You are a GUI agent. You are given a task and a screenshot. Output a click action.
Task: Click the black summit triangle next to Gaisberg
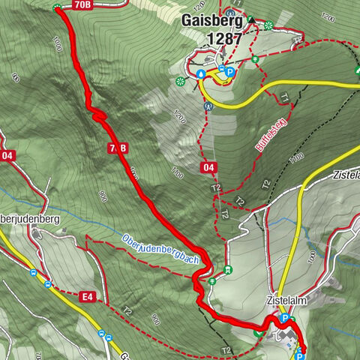click(251, 20)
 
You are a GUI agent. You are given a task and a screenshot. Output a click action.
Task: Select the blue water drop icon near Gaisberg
click(202, 73)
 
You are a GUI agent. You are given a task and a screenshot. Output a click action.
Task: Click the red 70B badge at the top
click(83, 5)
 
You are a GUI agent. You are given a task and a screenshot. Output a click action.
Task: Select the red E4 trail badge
click(88, 298)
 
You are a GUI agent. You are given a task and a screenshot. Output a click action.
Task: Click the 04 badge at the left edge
click(7, 156)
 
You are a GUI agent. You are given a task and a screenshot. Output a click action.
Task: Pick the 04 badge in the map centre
click(210, 169)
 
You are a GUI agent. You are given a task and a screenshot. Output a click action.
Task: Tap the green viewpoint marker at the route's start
click(58, 7)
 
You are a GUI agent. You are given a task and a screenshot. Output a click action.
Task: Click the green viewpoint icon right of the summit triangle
click(268, 25)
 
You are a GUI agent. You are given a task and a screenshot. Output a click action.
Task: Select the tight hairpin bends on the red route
click(96, 113)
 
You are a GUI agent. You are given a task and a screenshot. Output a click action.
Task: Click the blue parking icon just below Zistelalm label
click(284, 318)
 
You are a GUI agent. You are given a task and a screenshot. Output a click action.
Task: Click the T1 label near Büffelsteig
click(286, 97)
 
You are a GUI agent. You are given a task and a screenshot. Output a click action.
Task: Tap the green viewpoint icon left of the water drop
click(180, 81)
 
